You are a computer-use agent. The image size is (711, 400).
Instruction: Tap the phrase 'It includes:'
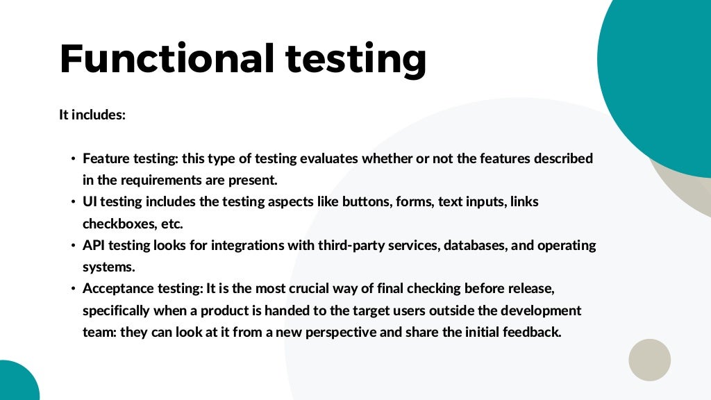click(92, 115)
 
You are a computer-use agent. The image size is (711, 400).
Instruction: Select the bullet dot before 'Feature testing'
click(72, 159)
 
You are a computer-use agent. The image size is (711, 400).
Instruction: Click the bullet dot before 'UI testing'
click(72, 202)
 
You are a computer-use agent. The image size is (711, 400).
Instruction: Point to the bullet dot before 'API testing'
click(72, 246)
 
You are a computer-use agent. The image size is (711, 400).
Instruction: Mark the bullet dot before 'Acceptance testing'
click(72, 289)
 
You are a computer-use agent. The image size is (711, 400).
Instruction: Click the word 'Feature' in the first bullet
click(106, 158)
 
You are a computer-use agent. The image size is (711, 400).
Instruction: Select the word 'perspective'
click(340, 332)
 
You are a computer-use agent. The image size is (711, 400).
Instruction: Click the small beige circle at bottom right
click(649, 360)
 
